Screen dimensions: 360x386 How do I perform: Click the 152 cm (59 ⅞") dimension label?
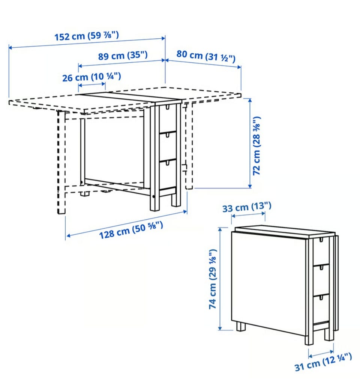(87, 36)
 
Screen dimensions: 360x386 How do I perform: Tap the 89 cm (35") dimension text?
(123, 56)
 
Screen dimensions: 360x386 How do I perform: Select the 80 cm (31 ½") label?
(206, 56)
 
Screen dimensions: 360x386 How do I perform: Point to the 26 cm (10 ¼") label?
(91, 77)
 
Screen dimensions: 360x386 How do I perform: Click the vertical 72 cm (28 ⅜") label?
(257, 146)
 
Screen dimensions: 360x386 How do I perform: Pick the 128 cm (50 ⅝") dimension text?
(131, 230)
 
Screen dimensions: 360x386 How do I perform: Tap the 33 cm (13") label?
(247, 207)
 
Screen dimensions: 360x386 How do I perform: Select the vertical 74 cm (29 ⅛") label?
(213, 279)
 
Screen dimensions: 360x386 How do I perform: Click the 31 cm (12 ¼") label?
(323, 362)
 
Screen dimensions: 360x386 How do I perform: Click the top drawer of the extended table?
(168, 118)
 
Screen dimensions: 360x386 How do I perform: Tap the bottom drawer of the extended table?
(168, 174)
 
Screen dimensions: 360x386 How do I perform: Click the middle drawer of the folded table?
(321, 280)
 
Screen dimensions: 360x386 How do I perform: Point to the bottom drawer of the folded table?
(321, 309)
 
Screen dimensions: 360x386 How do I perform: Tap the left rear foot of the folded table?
(241, 327)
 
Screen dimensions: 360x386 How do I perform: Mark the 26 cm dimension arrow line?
(92, 84)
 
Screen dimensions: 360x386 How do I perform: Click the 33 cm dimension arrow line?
(248, 215)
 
